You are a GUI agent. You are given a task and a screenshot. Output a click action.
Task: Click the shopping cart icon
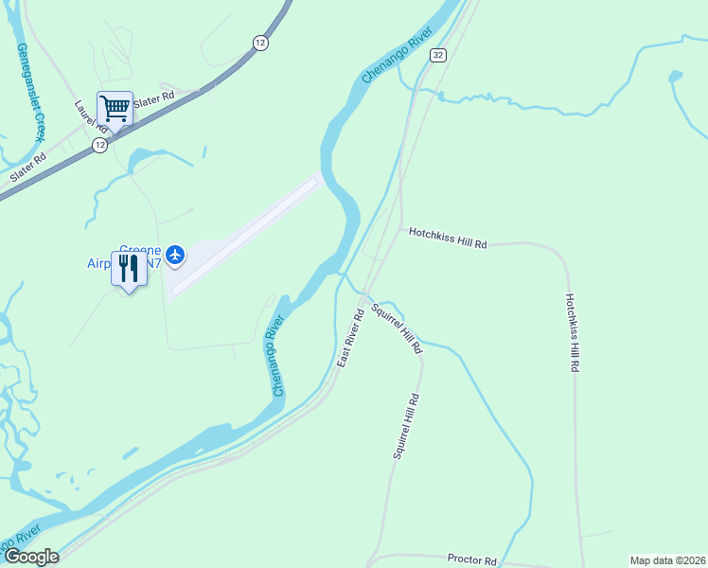point(115,109)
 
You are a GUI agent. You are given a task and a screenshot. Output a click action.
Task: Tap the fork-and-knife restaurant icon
point(129,268)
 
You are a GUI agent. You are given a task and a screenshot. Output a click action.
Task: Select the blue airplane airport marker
point(174,254)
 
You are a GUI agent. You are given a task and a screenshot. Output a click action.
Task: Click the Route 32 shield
point(436,56)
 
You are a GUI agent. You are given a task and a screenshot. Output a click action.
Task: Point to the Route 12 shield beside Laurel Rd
point(98,145)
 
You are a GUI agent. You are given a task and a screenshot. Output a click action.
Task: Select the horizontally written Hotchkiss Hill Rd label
point(448,238)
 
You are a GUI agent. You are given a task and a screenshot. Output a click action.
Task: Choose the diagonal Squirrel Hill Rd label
point(397,328)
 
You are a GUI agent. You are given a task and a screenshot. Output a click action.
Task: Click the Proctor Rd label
point(472,560)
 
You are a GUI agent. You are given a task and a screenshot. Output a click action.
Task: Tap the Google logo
point(30,557)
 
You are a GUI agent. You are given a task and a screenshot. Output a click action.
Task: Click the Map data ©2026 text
point(667,560)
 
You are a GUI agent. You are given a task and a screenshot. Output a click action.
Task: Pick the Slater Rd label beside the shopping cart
point(154,98)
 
